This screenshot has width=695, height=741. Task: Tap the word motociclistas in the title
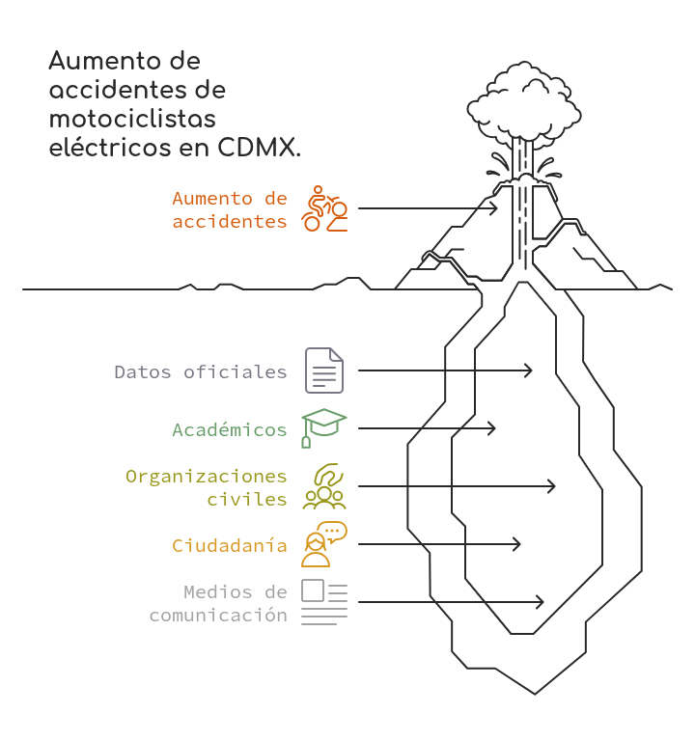pos(132,119)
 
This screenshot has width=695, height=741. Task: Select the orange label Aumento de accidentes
pos(230,209)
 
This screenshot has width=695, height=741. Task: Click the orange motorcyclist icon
pos(324,208)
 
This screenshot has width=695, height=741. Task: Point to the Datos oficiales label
pos(201,371)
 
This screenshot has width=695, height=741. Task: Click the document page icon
pos(324,370)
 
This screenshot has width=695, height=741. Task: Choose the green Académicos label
pos(230,429)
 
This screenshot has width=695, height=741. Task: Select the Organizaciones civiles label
pos(207,487)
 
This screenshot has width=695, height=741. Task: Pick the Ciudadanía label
pos(230,545)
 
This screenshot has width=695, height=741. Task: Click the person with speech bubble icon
pos(324,544)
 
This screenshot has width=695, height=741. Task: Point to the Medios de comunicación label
pos(218,603)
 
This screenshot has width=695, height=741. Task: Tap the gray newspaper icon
pos(324,602)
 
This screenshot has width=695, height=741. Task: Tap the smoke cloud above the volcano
pos(524,105)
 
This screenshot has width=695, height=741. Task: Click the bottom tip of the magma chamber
pos(535,695)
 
